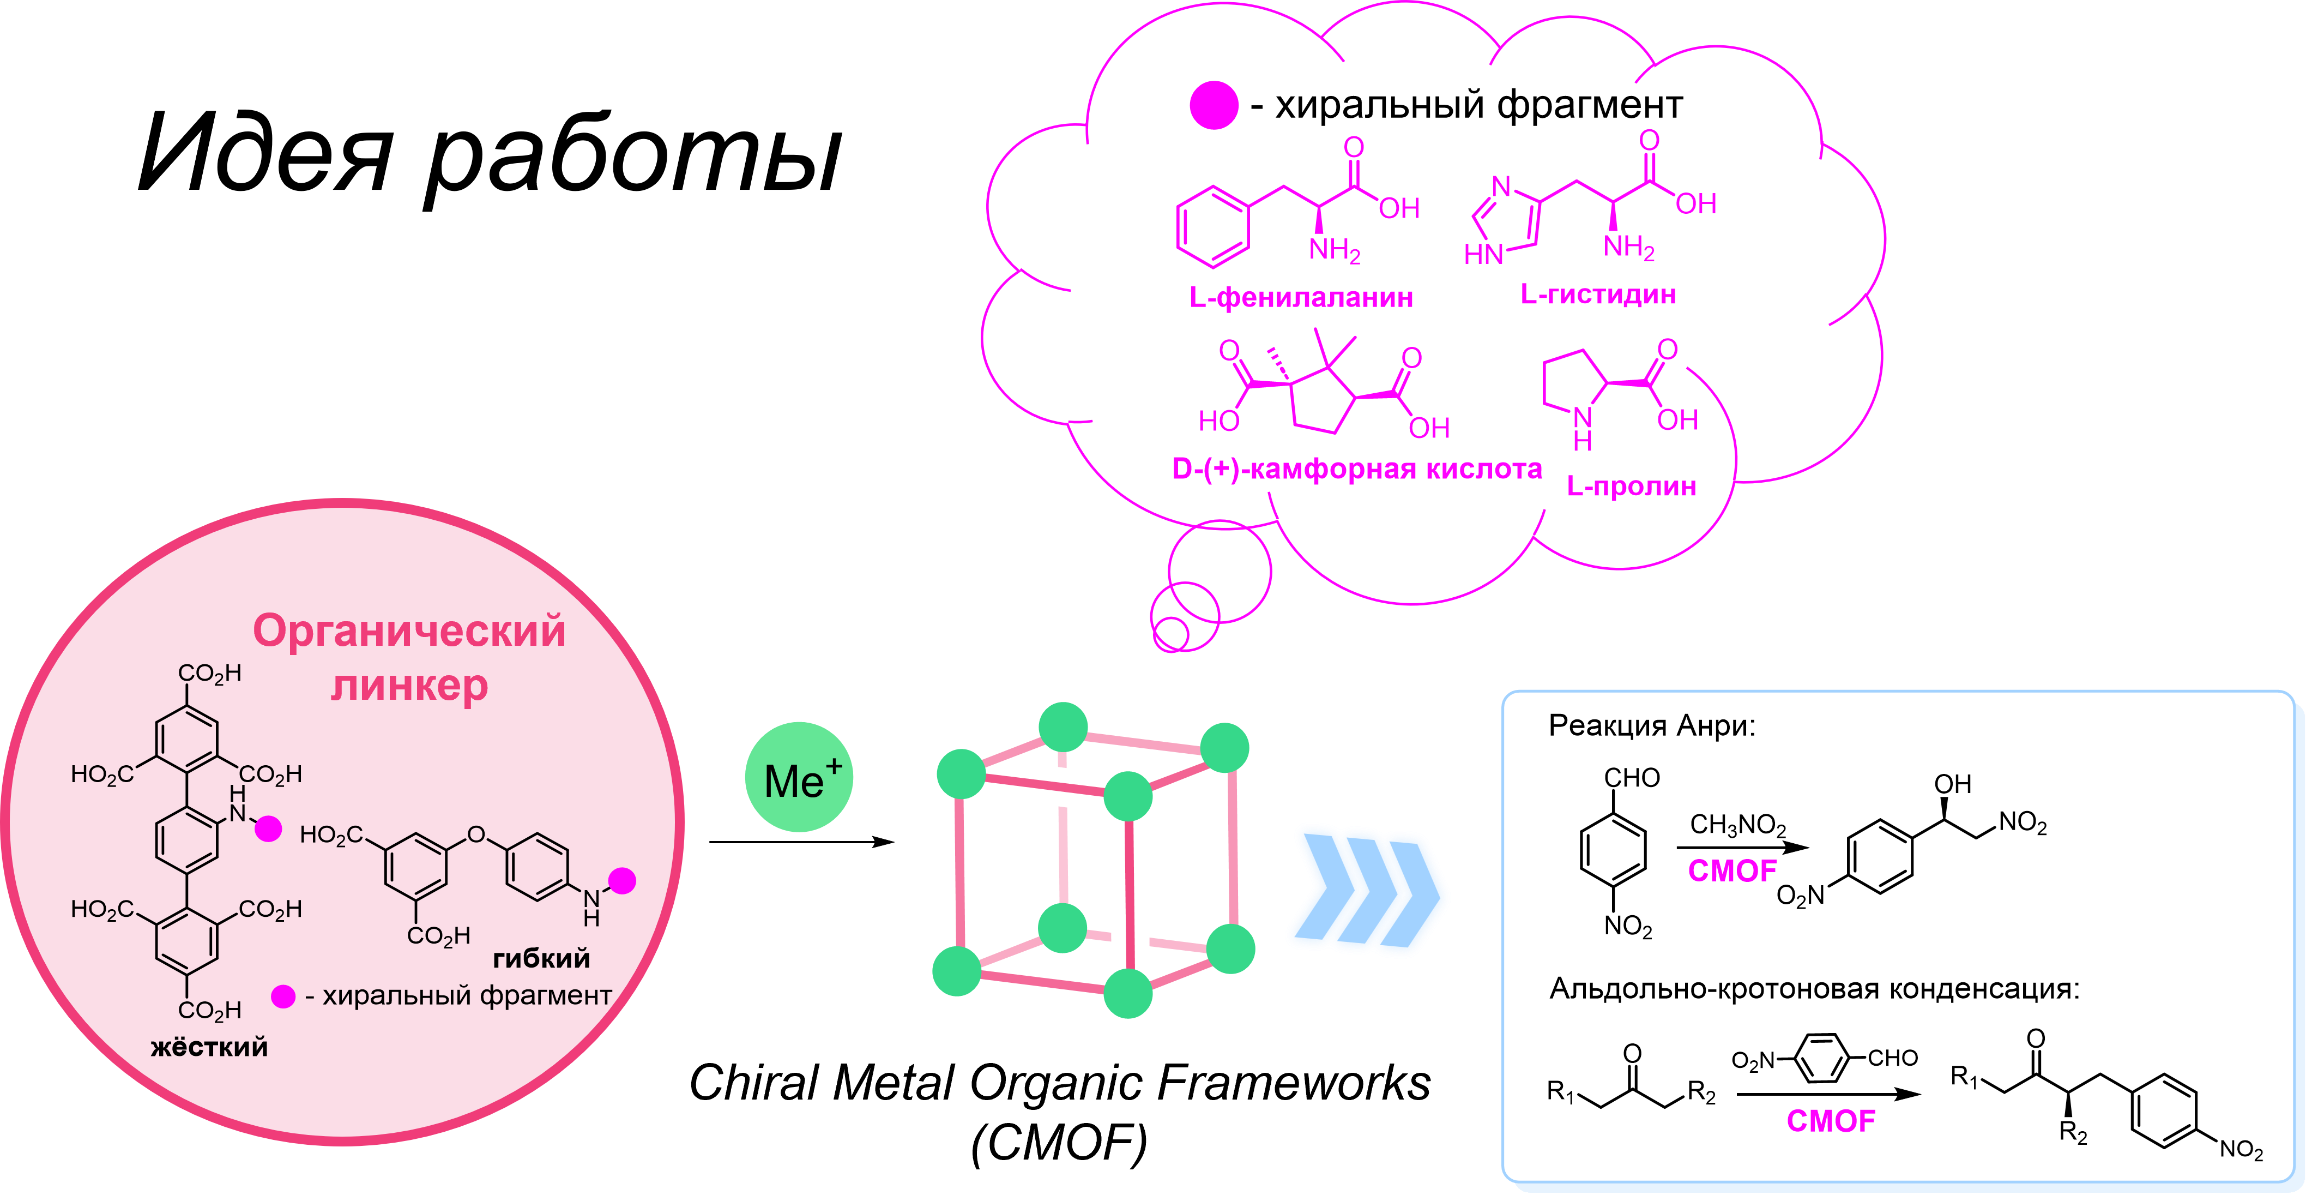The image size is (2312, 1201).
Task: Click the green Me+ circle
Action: (799, 777)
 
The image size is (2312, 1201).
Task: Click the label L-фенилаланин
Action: (1301, 297)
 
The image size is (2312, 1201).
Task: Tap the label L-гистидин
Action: (1598, 295)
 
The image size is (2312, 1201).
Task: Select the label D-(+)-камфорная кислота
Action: (1356, 469)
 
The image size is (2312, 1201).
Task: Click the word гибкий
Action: (541, 959)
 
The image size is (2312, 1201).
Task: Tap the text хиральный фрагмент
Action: (467, 995)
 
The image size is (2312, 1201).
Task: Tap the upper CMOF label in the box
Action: (1732, 870)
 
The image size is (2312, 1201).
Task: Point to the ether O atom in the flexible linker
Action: (476, 836)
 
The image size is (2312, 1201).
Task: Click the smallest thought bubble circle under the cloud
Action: (1170, 634)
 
